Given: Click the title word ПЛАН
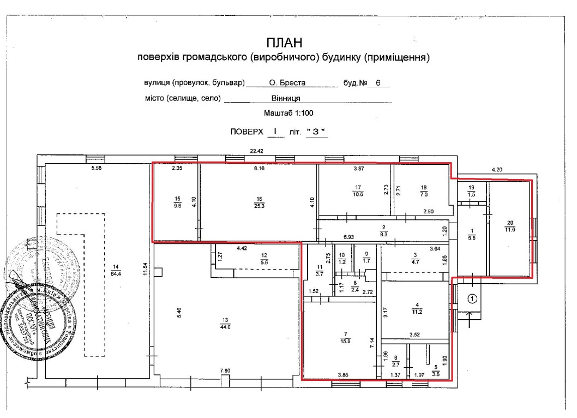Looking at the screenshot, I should click(x=283, y=43).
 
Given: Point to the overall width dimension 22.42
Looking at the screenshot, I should click(x=257, y=151).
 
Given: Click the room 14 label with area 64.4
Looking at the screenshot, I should click(x=115, y=269).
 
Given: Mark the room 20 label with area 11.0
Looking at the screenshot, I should click(x=510, y=226).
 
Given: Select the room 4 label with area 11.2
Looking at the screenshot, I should click(x=418, y=309).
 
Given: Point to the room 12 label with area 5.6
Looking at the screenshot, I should click(x=263, y=259).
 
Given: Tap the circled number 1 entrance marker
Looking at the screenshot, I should click(x=473, y=298).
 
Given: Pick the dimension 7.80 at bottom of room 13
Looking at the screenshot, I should click(x=224, y=372).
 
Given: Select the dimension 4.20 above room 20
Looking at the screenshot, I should click(x=497, y=170).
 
